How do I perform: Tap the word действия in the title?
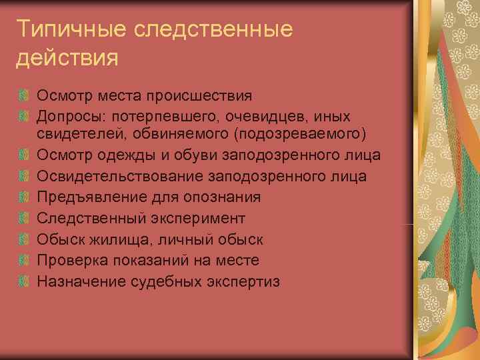click(67, 57)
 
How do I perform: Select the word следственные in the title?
click(213, 30)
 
